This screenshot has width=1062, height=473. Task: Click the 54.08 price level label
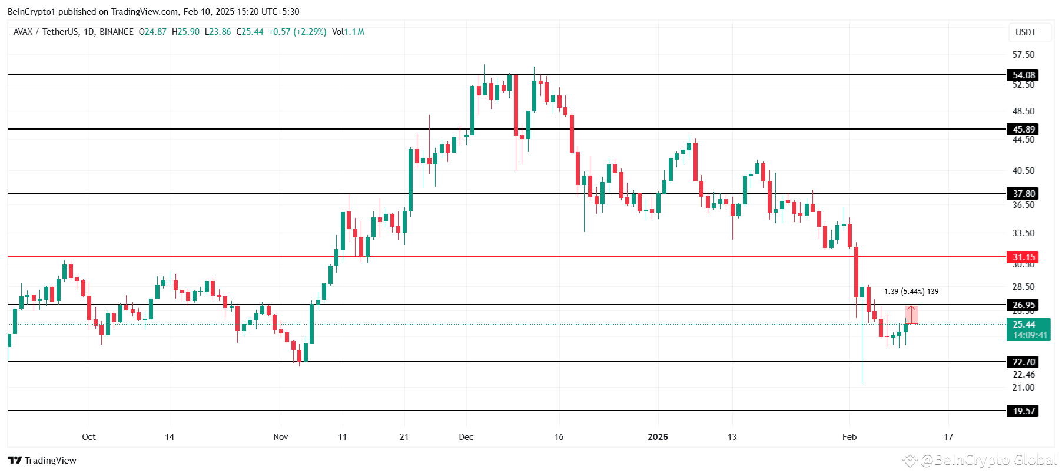point(1023,75)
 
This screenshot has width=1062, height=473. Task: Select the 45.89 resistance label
point(1023,130)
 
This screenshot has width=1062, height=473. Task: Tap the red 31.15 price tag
point(1023,257)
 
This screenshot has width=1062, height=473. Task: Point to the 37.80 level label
point(1023,194)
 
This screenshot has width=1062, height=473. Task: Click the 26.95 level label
point(1023,305)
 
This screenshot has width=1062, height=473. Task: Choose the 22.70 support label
point(1023,362)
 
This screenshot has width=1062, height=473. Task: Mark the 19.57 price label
point(1023,411)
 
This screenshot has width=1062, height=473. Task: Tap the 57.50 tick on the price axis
point(1023,55)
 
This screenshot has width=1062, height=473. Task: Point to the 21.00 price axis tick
point(1023,388)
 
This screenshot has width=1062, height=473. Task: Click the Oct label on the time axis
point(89,437)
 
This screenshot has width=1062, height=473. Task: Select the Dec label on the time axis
point(466,437)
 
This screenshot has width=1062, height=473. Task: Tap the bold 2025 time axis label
point(658,437)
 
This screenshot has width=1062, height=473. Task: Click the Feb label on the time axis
point(849,437)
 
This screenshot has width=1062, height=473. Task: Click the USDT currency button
point(1026,32)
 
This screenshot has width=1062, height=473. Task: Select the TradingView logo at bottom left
point(42,461)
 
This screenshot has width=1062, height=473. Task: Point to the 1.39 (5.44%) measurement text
point(911,292)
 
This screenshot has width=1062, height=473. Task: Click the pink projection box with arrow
point(911,315)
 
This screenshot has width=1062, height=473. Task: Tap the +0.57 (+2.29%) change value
point(297,32)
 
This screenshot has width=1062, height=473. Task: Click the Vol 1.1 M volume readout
point(348,32)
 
